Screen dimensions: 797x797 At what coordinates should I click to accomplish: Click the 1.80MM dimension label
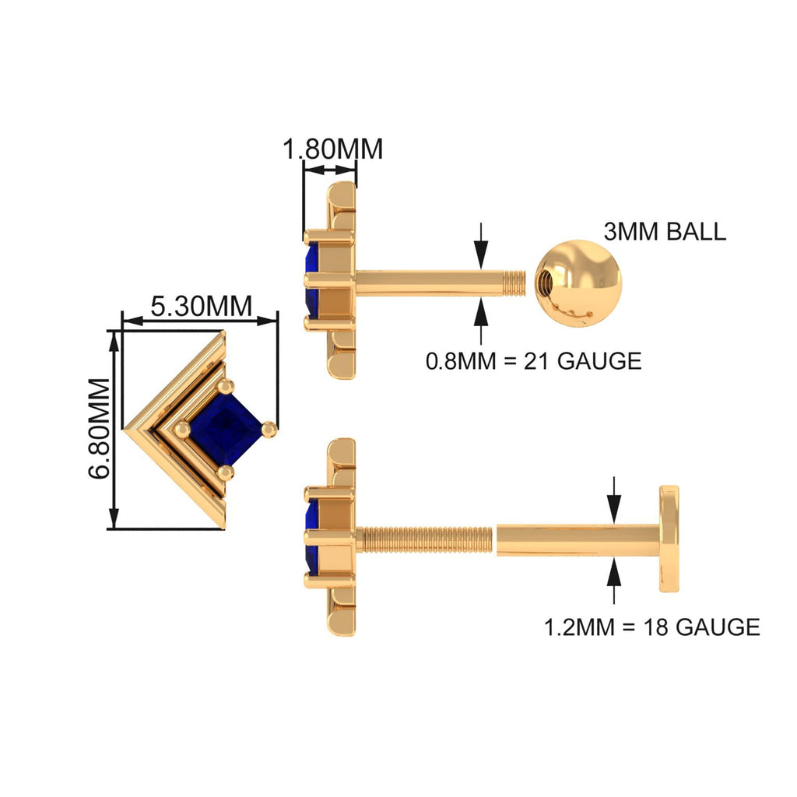(332, 148)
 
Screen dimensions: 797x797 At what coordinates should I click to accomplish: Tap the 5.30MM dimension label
(201, 306)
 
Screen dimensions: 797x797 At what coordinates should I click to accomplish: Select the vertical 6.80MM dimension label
(99, 430)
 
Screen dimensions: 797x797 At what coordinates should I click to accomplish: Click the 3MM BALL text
(664, 231)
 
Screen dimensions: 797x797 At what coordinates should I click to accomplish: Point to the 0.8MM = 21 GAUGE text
(533, 361)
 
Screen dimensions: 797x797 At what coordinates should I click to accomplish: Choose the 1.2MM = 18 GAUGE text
(651, 627)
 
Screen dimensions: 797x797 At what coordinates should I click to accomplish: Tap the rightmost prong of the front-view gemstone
(269, 427)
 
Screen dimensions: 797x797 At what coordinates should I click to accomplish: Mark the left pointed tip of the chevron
(128, 428)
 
